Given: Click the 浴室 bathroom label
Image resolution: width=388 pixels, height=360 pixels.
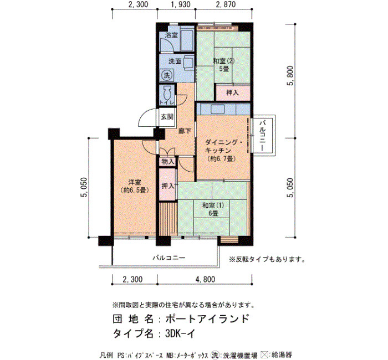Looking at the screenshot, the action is (171, 35).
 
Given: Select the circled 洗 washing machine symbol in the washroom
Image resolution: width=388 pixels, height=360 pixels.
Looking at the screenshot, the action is (166, 75).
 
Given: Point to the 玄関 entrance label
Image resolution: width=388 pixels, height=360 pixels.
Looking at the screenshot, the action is (167, 117).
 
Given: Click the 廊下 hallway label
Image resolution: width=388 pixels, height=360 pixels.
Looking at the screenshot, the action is (185, 131).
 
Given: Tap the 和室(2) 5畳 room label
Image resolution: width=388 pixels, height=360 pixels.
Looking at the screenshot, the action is (224, 65).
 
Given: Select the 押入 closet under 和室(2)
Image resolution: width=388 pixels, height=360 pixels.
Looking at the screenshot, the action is (233, 92).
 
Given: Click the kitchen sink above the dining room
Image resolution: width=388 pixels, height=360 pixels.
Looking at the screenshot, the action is (218, 109).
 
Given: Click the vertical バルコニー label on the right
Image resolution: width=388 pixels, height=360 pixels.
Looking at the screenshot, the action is (263, 135).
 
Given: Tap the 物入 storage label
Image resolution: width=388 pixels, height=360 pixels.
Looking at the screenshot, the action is (168, 162).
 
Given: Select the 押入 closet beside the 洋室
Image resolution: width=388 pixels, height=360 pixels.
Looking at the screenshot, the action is (168, 186).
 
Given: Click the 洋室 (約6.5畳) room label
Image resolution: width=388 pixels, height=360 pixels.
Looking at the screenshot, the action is (134, 186).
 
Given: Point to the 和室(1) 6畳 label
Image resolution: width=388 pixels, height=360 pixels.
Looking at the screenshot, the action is (213, 209).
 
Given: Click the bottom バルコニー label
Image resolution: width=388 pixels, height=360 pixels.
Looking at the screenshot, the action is (169, 258).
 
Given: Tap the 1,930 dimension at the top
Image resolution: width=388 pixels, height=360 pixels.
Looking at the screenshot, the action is (181, 4).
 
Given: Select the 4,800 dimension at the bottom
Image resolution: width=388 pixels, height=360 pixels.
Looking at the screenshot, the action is (205, 279).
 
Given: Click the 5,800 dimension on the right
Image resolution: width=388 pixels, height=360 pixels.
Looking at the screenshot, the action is (290, 75).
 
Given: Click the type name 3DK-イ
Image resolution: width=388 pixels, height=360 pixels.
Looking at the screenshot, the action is (180, 333).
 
